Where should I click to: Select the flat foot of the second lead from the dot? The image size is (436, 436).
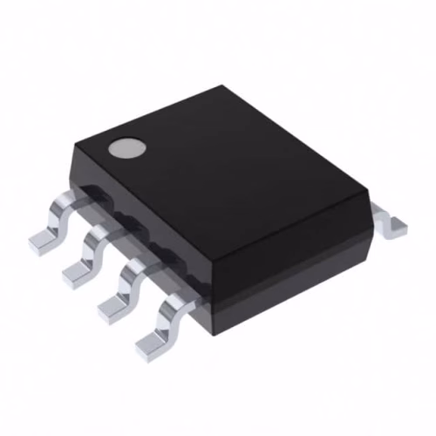tap(76, 273)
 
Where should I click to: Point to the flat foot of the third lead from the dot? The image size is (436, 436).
tap(113, 308)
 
